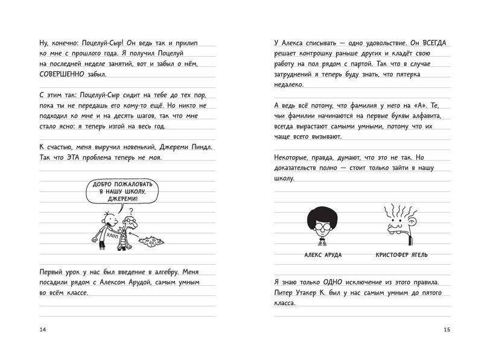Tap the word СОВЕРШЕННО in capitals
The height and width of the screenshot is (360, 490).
click(63, 75)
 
